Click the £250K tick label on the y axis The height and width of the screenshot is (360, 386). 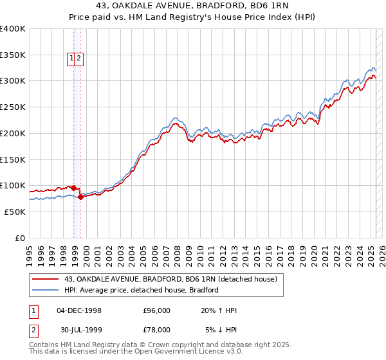[x=12, y=107]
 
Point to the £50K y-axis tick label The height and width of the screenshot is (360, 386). [x=14, y=212]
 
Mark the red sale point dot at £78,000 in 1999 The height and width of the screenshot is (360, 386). [x=80, y=197]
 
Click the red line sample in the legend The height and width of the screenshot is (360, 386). [x=46, y=279]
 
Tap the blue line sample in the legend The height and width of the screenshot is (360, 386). [x=46, y=290]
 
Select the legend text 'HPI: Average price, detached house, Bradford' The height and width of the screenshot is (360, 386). [x=142, y=290]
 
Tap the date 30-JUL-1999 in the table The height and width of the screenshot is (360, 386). [x=79, y=330]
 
